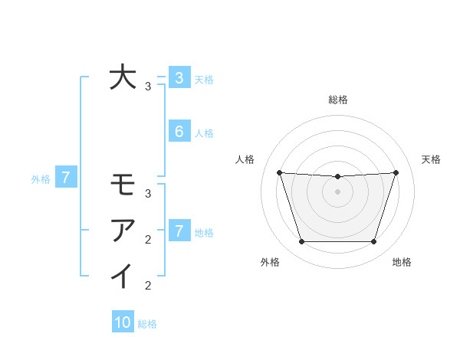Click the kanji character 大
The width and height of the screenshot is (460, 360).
[123, 77]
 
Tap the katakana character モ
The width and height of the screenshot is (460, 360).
[123, 185]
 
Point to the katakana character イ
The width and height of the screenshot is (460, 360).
[123, 276]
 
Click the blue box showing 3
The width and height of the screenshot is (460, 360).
[179, 77]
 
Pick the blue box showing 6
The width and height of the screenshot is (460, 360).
[179, 132]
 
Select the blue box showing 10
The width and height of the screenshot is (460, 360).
[123, 322]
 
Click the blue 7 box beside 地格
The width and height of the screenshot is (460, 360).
[179, 231]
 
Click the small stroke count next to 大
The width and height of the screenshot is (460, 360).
[148, 87]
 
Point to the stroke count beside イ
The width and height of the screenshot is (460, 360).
[148, 286]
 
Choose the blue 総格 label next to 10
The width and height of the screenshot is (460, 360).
[147, 324]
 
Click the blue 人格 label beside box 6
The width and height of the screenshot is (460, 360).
[204, 133]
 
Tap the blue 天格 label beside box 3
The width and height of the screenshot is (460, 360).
[204, 79]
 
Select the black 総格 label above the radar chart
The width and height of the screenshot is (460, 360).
[337, 100]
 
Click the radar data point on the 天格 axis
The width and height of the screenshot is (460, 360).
[396, 172]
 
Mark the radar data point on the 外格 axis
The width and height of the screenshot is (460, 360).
[301, 241]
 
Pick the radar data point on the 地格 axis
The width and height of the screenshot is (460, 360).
[373, 241]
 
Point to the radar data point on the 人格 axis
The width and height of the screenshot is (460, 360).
[279, 172]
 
